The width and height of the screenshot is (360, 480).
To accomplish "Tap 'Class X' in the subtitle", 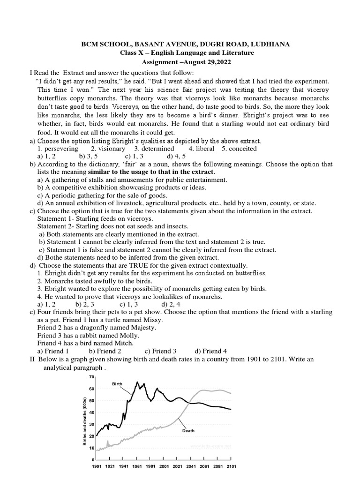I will click(x=134, y=53).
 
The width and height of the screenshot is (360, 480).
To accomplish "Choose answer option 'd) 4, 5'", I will click(x=176, y=156).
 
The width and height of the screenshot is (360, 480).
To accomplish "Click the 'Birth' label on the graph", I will click(x=117, y=383).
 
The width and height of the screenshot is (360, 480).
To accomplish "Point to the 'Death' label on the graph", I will click(x=188, y=430).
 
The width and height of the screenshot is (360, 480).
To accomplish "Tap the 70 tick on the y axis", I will click(x=92, y=377).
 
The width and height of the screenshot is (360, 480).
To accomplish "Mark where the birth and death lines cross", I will click(x=189, y=403).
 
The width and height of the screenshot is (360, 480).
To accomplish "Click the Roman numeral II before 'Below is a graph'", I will click(x=32, y=359).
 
